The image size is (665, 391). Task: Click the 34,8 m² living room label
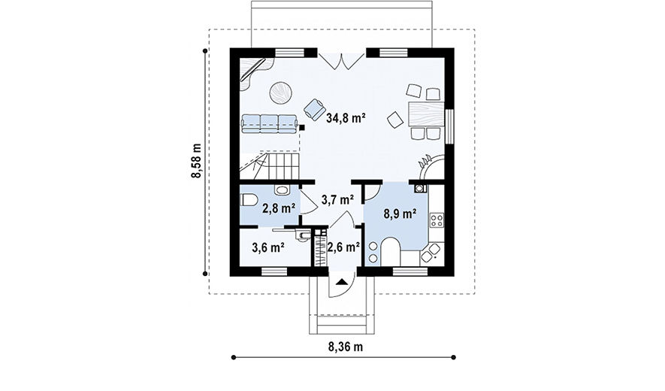click(346, 117)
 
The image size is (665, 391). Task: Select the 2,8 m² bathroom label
click(279, 208)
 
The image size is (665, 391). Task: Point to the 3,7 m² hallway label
click(337, 199)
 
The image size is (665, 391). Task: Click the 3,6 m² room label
click(268, 247)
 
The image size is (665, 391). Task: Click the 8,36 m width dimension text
click(345, 347)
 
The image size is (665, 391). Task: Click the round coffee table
click(280, 92)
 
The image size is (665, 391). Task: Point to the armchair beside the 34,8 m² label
click(314, 109)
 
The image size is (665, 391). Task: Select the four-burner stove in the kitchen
click(437, 220)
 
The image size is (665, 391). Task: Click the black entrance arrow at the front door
click(342, 280)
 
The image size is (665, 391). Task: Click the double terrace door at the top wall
click(342, 59)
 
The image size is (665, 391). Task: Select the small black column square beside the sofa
click(301, 126)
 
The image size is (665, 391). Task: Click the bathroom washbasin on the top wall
click(281, 189)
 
